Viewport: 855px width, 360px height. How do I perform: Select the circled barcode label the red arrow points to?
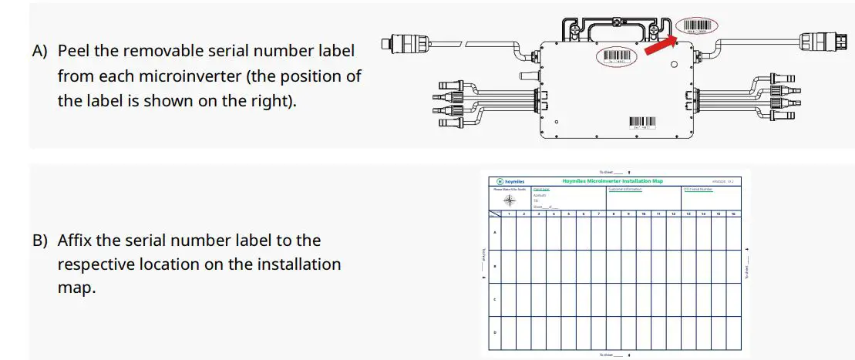tap(696, 26)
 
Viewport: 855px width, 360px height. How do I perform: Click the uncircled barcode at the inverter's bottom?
tap(641, 122)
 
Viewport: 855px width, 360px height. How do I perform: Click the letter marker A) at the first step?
tap(40, 51)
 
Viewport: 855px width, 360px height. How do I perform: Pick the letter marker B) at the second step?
tap(40, 240)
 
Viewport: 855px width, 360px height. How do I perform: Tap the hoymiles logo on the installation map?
tap(510, 181)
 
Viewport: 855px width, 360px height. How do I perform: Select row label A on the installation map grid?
tap(494, 233)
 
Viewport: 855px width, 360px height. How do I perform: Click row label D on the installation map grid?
tap(494, 332)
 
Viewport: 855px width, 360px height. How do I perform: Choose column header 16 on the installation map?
tap(733, 213)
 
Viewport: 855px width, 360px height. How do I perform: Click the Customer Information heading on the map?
tap(625, 189)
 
